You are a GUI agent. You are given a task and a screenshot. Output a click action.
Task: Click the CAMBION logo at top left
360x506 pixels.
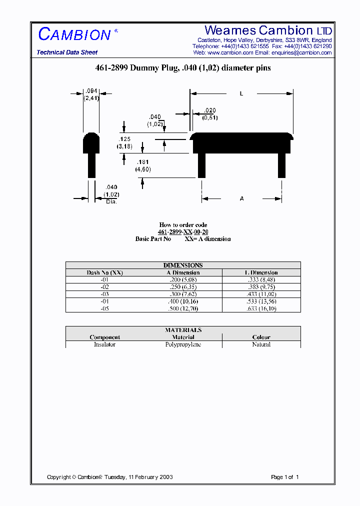coord(75,34)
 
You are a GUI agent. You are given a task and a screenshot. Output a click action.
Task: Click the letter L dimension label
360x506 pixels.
coord(241,93)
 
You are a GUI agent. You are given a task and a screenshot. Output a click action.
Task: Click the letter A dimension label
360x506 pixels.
coord(241,199)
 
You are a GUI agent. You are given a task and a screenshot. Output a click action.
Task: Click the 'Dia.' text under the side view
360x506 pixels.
coord(111,201)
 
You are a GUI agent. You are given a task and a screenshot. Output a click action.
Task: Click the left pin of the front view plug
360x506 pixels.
coord(201,165)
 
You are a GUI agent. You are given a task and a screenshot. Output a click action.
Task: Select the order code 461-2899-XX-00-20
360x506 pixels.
coord(183,232)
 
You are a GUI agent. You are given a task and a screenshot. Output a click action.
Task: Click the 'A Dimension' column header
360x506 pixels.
coord(183,272)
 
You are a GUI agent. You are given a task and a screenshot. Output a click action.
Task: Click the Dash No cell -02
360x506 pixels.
coord(104,287)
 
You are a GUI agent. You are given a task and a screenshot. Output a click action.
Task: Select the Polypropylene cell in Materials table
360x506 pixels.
coord(183,344)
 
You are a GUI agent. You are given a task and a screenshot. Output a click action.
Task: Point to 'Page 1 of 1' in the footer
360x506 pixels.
coord(284,477)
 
